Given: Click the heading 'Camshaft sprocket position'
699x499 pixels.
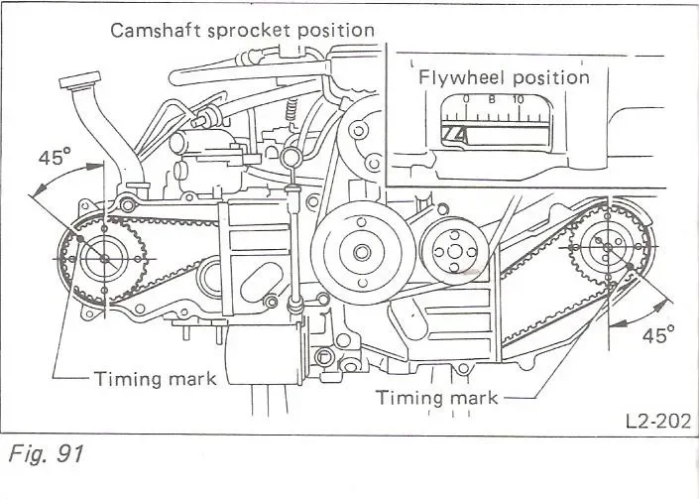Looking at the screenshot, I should tap(243, 29).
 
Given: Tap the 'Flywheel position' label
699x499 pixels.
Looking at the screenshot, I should tap(503, 76).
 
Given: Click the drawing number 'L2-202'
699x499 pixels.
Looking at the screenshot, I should tap(656, 421).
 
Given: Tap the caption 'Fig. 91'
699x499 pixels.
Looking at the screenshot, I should tap(44, 455).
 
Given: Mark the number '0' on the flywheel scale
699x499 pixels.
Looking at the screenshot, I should tap(467, 99).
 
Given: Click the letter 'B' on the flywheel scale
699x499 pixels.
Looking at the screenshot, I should tap(492, 99).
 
